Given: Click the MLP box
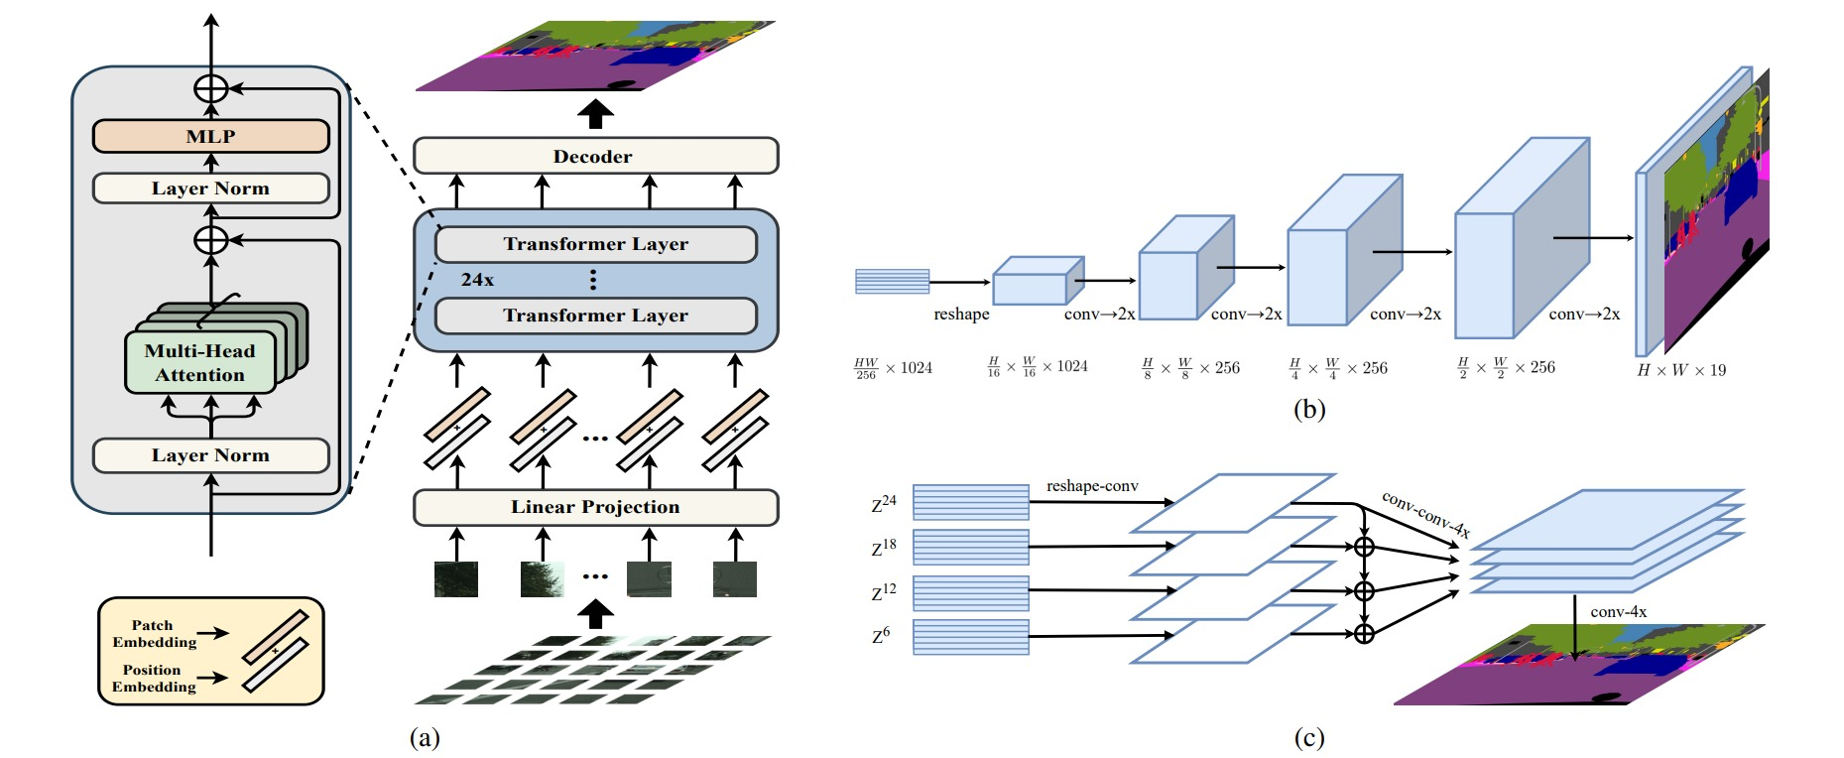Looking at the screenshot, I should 210,136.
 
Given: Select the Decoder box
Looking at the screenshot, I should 595,156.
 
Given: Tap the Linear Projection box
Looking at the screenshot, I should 595,507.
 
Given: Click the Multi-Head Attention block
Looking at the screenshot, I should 199,363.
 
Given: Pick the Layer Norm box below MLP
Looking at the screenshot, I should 210,189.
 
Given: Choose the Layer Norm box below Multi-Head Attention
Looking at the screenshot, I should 210,455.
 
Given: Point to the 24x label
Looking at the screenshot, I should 477,280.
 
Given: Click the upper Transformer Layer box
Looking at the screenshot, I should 595,244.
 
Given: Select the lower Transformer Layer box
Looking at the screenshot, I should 595,316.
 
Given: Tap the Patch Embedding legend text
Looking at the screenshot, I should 154,634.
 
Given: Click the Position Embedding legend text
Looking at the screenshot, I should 154,679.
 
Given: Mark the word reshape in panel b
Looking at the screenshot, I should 961,315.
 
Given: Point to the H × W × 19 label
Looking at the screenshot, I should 1681,370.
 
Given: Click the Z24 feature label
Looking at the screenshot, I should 883,504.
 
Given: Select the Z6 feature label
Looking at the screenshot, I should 881,636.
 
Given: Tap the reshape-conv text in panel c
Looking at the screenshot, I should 1092,486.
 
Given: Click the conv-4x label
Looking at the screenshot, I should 1618,612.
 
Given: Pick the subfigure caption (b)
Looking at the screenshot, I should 1308,409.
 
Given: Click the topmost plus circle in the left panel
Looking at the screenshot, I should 210,88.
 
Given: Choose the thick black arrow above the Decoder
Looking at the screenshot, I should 595,113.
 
